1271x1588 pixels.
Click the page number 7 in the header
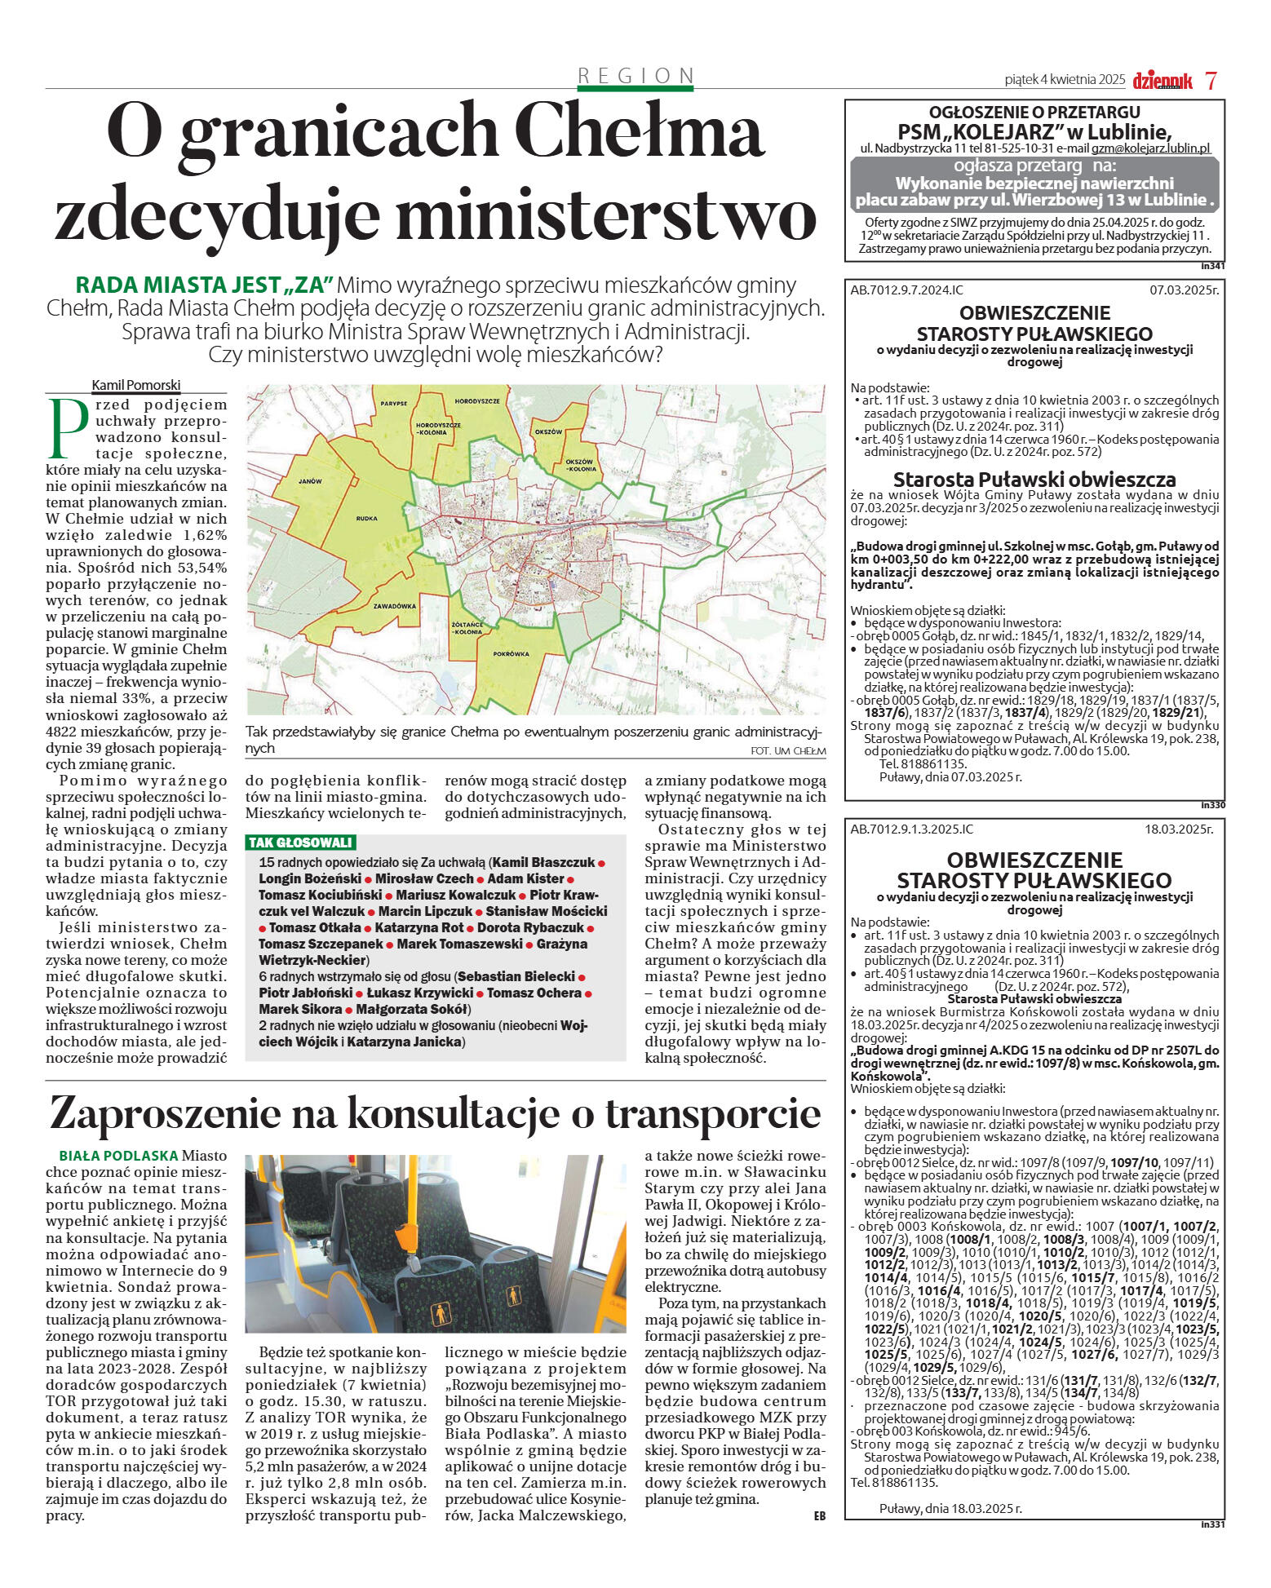click(x=1211, y=80)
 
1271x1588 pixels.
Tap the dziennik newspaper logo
click(x=1162, y=80)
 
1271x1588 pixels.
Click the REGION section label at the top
click(x=635, y=76)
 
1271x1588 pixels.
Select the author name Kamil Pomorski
click(x=135, y=385)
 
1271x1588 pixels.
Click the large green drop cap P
click(x=69, y=428)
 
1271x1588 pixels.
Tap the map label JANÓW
click(x=310, y=482)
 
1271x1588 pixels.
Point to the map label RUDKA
click(x=366, y=519)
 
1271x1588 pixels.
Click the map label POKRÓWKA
click(x=511, y=653)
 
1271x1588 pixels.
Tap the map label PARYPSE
click(x=393, y=404)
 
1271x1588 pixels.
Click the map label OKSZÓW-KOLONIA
click(x=582, y=466)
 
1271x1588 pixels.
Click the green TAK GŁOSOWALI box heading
click(x=300, y=843)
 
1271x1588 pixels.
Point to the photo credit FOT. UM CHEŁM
click(x=787, y=750)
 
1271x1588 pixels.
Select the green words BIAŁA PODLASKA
click(x=118, y=1156)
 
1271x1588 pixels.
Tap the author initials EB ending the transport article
click(x=819, y=1515)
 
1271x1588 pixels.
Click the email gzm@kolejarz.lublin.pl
click(x=1150, y=148)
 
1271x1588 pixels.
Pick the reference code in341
click(x=1212, y=266)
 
